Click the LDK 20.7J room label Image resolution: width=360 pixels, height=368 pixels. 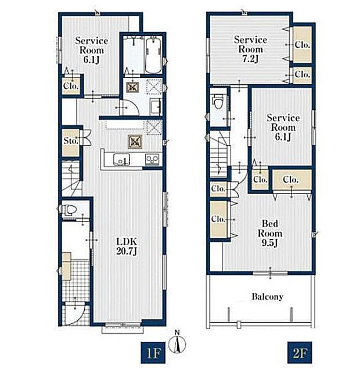click(x=127, y=246)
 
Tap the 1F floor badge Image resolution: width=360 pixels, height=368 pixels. click(x=153, y=352)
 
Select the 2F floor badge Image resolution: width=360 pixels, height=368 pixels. click(x=300, y=352)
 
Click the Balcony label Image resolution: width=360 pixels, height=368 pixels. click(x=268, y=296)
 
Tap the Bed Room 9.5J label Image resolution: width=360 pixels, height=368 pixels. click(x=270, y=233)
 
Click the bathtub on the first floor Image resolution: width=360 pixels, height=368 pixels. click(x=153, y=56)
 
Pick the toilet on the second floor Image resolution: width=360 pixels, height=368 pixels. click(x=217, y=101)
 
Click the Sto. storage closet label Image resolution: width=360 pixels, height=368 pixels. click(x=70, y=141)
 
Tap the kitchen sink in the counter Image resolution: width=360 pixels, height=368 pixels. click(x=121, y=160)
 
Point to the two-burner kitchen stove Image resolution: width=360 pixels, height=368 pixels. click(x=152, y=160)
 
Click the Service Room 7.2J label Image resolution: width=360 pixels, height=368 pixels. click(x=250, y=49)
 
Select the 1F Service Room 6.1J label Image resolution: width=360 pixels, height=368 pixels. click(x=91, y=50)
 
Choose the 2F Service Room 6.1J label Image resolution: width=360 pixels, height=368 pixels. click(x=283, y=127)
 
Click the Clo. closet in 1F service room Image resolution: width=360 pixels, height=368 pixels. click(x=70, y=86)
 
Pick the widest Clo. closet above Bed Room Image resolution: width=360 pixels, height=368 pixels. click(x=291, y=180)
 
